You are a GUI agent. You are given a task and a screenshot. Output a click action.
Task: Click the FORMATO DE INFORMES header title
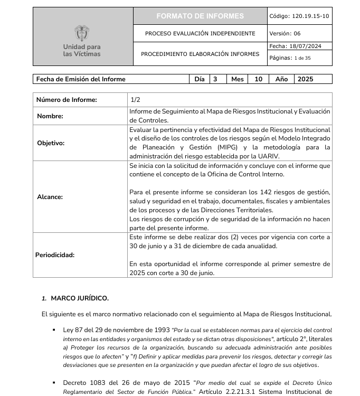(x=200, y=16)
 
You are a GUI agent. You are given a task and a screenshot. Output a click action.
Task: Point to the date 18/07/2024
(x=308, y=46)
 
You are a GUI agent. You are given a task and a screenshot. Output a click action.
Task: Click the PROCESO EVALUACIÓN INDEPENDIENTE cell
(x=200, y=33)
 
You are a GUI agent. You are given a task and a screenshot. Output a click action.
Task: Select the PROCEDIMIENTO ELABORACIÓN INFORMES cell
(x=200, y=54)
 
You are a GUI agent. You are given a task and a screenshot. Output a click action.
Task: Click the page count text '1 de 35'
(x=302, y=58)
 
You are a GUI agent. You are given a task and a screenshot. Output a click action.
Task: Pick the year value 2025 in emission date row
(x=305, y=79)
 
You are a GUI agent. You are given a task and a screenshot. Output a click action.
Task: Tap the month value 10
(x=258, y=79)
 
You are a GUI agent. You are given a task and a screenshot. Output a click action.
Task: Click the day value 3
(x=215, y=79)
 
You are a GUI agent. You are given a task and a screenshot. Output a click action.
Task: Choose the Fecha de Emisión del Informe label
(x=81, y=79)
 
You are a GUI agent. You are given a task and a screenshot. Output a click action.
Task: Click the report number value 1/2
(x=135, y=100)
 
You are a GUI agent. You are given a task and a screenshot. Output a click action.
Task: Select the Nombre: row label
(x=50, y=116)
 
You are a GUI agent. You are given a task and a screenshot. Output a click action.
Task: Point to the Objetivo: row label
(x=51, y=143)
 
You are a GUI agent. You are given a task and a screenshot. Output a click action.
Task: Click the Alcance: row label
(x=50, y=197)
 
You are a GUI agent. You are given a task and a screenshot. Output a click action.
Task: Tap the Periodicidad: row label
(x=55, y=255)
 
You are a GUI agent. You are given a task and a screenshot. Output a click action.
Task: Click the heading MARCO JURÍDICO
(x=80, y=298)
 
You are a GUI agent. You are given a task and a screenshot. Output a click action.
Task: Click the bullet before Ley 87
(x=54, y=330)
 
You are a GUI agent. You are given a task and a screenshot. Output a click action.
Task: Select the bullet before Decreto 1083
(x=54, y=382)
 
